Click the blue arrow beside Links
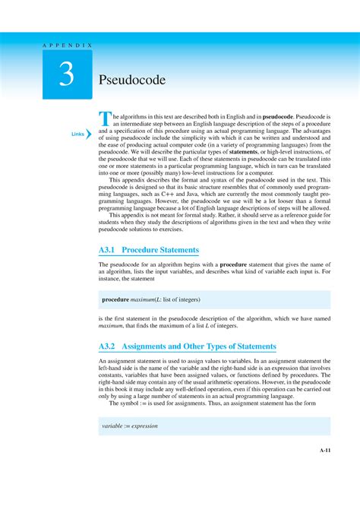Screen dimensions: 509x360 89,135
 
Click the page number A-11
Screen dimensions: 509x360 324,450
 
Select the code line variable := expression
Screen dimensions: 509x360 129,426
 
